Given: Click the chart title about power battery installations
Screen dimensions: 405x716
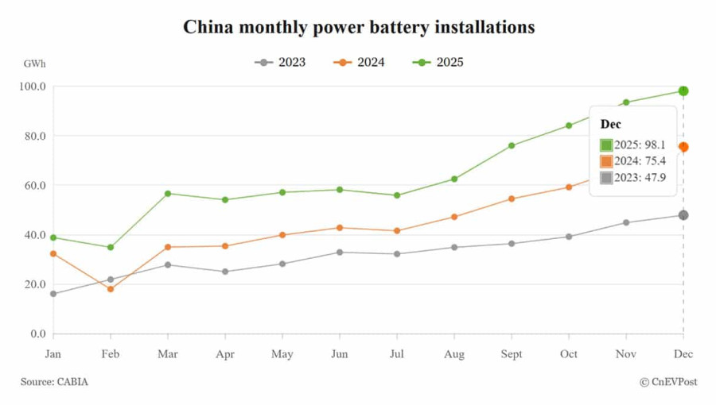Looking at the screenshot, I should pyautogui.click(x=359, y=27).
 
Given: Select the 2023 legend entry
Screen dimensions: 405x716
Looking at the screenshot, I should pyautogui.click(x=281, y=62).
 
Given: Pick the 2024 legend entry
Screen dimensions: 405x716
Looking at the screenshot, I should pyautogui.click(x=360, y=62).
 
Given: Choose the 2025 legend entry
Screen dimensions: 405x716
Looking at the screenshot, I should pyautogui.click(x=438, y=62).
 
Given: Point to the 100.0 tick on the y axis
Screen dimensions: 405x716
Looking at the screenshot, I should pyautogui.click(x=33, y=87).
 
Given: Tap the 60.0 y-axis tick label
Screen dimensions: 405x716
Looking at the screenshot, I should pyautogui.click(x=33, y=186).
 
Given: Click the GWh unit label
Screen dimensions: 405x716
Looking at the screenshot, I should pyautogui.click(x=34, y=63).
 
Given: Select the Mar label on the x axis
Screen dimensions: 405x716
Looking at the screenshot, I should pyautogui.click(x=168, y=354).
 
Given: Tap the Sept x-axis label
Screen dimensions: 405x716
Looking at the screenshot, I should pyautogui.click(x=512, y=354).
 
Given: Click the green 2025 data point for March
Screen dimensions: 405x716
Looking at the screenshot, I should pyautogui.click(x=168, y=194).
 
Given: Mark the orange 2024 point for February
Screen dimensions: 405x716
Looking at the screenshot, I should pyautogui.click(x=111, y=289).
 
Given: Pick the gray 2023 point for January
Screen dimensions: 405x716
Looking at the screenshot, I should pyautogui.click(x=53, y=294).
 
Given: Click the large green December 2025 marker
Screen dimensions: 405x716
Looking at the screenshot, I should pyautogui.click(x=683, y=91).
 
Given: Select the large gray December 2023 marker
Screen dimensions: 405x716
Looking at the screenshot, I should pyautogui.click(x=683, y=215).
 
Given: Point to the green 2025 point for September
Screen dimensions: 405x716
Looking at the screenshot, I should pyautogui.click(x=512, y=145).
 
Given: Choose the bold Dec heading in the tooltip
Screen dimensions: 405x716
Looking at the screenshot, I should pyautogui.click(x=611, y=125).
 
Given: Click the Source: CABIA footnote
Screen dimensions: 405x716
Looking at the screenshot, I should pyautogui.click(x=55, y=382).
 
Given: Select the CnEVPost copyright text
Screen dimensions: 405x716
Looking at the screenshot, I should pyautogui.click(x=668, y=382).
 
